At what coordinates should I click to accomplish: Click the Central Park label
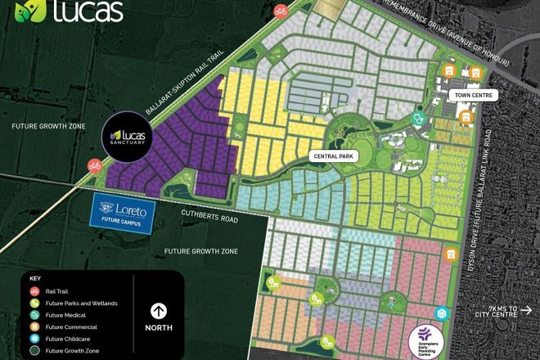pyautogui.click(x=333, y=154)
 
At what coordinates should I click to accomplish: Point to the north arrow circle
pyautogui.click(x=158, y=310)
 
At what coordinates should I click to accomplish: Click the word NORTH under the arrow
pyautogui.click(x=158, y=327)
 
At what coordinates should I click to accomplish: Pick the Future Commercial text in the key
pyautogui.click(x=70, y=326)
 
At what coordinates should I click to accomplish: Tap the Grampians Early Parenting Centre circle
pyautogui.click(x=425, y=338)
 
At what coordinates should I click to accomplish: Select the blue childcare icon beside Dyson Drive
pyautogui.click(x=442, y=314)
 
